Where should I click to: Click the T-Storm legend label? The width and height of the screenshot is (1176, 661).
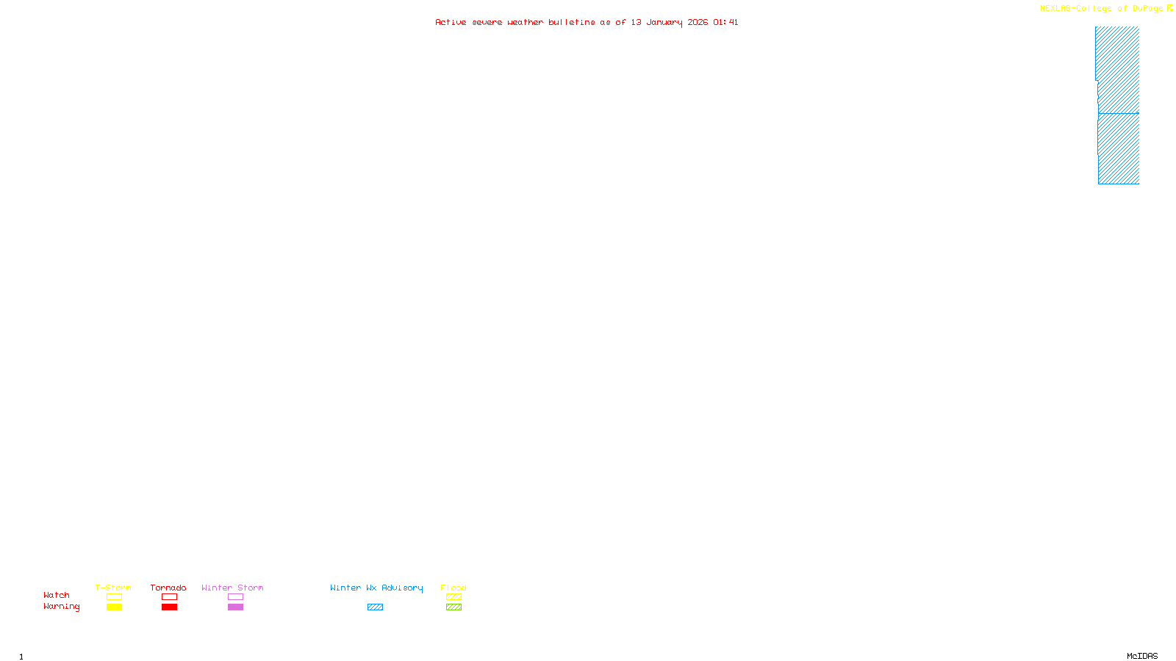coord(113,588)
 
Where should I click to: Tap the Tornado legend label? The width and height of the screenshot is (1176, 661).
coord(168,588)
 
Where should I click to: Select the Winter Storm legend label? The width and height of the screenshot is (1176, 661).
coord(232,588)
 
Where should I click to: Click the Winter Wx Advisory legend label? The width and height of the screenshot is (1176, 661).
coord(376,588)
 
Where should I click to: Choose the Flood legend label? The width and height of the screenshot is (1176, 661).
coord(453,588)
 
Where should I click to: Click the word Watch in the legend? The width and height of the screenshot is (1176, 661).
coord(57,595)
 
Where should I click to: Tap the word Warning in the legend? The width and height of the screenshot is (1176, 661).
coord(62,607)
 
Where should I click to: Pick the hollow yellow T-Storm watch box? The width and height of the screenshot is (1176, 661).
coord(114,597)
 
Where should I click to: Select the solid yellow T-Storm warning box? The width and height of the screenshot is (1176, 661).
coord(114,607)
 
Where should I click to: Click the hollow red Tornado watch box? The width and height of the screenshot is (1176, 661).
coord(170,597)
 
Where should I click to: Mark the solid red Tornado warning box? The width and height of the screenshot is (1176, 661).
coord(170,607)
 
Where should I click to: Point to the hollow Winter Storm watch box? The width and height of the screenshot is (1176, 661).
coord(235,597)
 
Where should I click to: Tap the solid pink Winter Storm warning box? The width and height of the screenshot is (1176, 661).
coord(235,607)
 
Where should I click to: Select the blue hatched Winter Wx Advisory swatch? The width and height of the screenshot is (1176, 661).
coord(375,607)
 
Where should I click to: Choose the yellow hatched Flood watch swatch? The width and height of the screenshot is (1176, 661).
coord(453,597)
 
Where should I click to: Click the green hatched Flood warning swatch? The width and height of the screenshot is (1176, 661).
coord(453,607)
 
